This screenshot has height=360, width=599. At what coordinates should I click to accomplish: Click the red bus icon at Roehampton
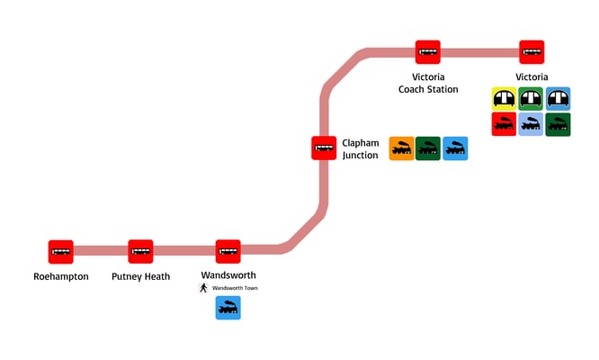[60, 252]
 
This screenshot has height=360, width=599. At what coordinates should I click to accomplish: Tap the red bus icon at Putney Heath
[140, 252]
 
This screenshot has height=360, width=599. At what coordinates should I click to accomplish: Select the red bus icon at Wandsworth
[228, 252]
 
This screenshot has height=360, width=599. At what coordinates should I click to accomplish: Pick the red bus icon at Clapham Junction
[324, 148]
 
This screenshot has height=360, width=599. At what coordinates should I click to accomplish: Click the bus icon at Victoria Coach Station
[427, 52]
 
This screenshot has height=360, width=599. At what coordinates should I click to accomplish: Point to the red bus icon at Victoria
[532, 52]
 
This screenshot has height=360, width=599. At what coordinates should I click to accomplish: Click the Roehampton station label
[60, 276]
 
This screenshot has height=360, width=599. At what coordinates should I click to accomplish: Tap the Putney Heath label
[140, 276]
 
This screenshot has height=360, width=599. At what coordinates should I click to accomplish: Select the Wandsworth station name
[228, 274]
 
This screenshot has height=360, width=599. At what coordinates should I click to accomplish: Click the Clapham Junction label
[361, 148]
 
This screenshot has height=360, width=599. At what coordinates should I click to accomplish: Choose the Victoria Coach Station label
[428, 83]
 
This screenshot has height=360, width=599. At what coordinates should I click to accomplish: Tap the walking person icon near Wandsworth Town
[203, 288]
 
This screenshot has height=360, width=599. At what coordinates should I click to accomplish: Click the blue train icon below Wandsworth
[228, 308]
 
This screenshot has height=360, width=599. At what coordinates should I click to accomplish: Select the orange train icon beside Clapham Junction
[401, 148]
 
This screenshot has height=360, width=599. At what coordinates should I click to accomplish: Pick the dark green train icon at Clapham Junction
[428, 148]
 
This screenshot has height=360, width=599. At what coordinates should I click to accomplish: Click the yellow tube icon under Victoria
[504, 98]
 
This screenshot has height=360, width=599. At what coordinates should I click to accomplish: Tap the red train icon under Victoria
[504, 124]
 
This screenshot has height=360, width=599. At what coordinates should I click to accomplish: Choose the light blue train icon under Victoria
[531, 124]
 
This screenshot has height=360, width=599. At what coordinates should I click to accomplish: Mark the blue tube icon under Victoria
[558, 98]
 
